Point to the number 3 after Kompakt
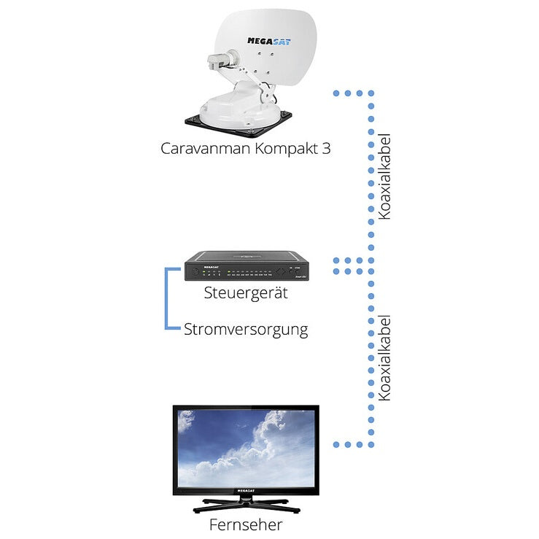(x=326, y=148)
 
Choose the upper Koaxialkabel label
(x=385, y=177)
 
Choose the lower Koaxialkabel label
(x=385, y=357)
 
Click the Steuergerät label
(x=246, y=294)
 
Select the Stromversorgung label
(x=246, y=330)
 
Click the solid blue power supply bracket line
(x=167, y=299)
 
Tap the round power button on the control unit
(x=195, y=273)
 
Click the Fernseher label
(x=245, y=524)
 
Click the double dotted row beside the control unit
(x=353, y=265)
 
